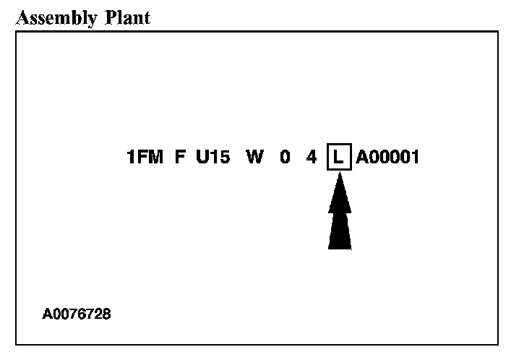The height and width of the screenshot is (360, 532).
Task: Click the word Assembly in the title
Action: pos(54,17)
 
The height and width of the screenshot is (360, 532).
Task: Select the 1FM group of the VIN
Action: pos(145,157)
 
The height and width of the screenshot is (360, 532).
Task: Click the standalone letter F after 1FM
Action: pos(180,157)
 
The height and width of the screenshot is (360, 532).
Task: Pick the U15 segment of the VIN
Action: pos(213,157)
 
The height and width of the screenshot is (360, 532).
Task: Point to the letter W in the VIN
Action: pos(254,157)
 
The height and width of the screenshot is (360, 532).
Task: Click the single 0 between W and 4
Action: pos(286,157)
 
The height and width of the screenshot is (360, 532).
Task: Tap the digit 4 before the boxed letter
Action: pos(312,157)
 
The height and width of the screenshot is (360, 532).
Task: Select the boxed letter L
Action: pos(339,157)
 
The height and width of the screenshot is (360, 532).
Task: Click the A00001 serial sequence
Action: pos(387,157)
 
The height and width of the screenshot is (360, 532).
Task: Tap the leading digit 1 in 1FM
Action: pos(131,157)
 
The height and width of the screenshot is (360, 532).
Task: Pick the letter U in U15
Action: pos(202,157)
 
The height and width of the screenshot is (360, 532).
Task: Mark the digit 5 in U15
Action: pos(225,157)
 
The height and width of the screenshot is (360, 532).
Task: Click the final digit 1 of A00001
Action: pos(415,157)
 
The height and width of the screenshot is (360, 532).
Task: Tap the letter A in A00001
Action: pos(361,157)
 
